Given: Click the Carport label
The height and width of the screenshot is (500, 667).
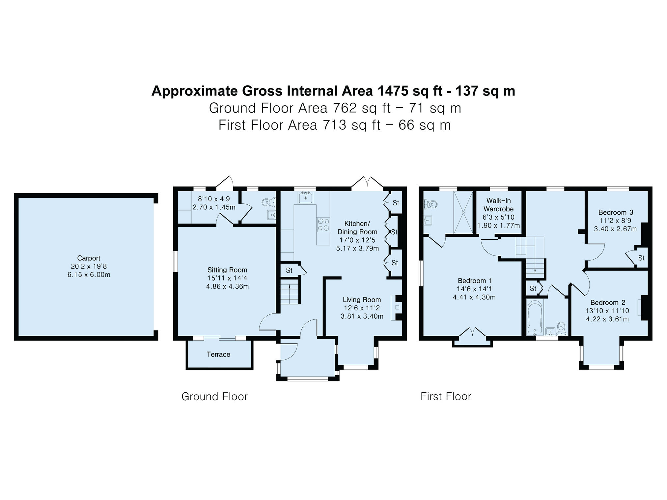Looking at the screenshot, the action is point(89,258).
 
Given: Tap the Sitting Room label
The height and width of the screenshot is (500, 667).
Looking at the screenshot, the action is point(227,270).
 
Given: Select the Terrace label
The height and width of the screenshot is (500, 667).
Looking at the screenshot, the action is point(218,354).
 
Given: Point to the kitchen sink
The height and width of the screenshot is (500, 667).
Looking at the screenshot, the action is point(306,197).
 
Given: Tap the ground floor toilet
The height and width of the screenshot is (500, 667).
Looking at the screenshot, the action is point(269,202).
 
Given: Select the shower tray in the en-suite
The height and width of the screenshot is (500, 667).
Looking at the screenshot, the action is point(463,212).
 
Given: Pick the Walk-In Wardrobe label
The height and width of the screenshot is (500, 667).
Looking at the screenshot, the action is point(498,205).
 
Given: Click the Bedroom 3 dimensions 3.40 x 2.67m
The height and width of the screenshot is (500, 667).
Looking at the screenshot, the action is point(615,229).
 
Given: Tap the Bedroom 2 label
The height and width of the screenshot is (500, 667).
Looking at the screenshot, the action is point(608,303).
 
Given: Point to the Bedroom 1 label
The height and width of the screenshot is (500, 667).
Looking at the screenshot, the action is point(475,281).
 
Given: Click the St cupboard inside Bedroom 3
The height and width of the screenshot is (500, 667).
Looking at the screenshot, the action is point(641,258).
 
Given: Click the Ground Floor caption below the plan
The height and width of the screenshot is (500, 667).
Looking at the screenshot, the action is point(214,396).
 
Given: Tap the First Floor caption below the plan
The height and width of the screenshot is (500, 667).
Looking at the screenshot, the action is point(446,396).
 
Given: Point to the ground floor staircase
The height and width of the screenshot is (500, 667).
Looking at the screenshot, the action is point(290,292).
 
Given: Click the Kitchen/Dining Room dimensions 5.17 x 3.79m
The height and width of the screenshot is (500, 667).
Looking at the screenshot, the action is point(357,249).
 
